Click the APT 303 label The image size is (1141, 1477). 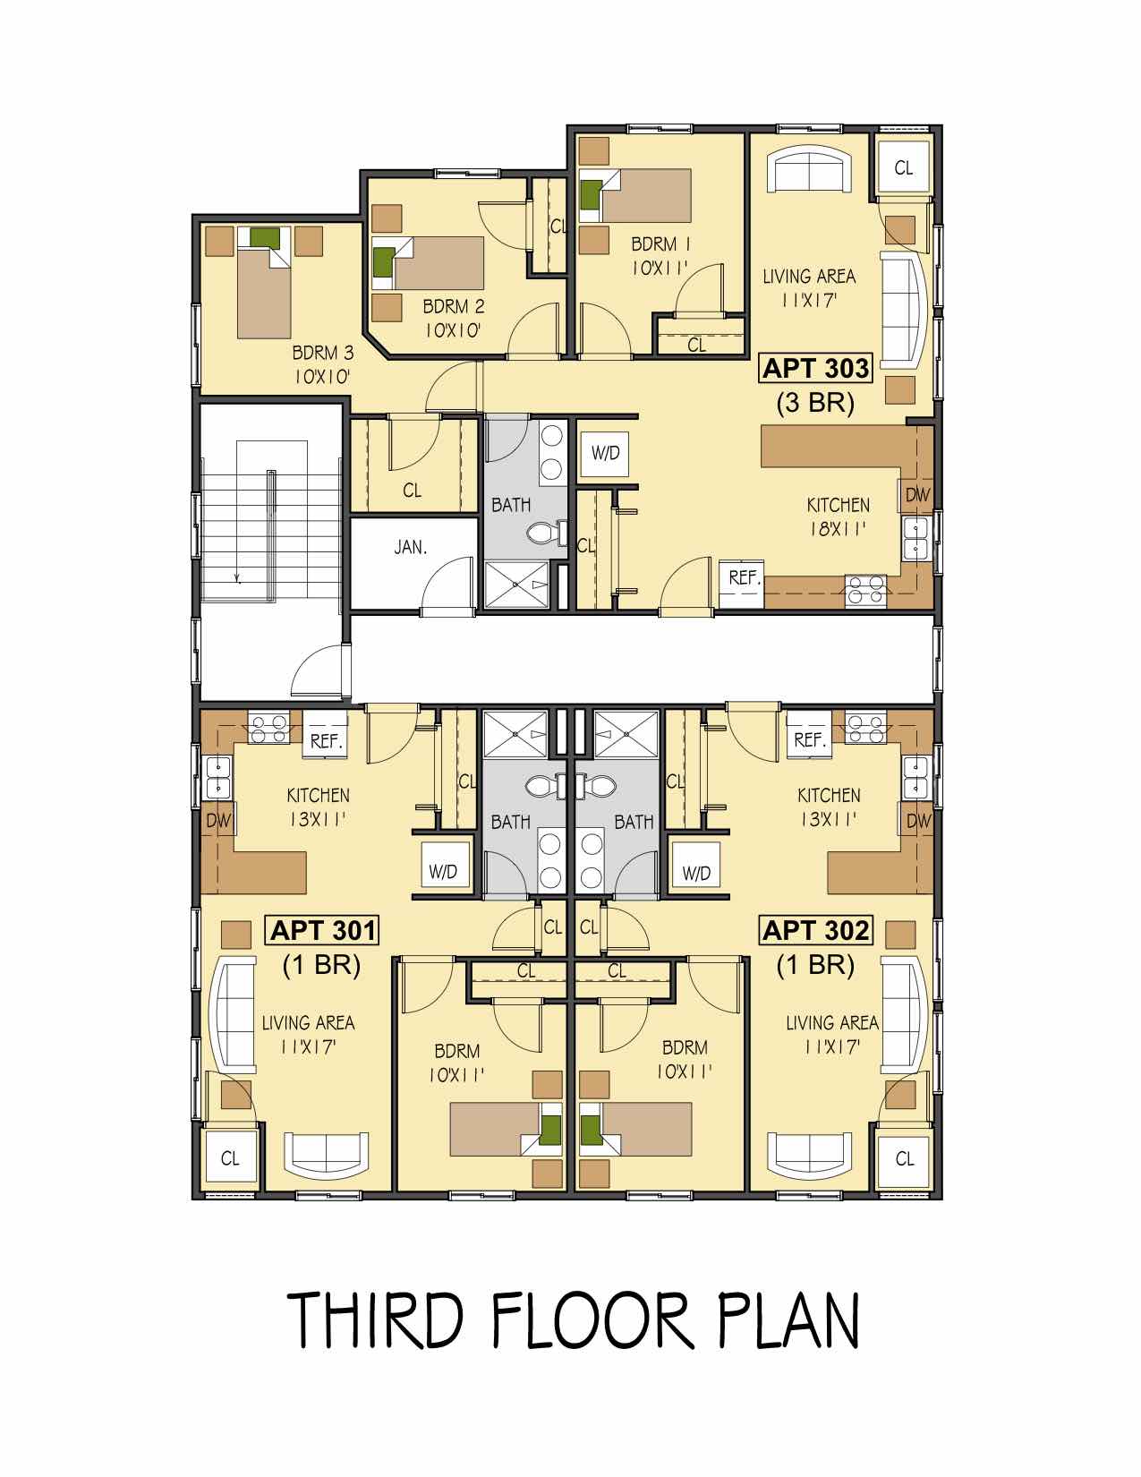815,369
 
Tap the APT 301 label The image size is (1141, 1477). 322,931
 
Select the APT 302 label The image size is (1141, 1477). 815,931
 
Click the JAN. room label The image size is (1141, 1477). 411,547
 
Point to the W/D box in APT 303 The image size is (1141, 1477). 605,453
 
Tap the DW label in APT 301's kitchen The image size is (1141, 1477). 218,821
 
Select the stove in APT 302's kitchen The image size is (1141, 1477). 865,728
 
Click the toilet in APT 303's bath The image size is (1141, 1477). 544,533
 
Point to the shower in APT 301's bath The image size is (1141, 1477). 515,734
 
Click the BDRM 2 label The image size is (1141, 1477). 454,306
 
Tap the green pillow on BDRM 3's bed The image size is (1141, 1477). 264,237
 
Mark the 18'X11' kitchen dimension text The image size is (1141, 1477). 838,529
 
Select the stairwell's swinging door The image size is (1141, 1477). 319,670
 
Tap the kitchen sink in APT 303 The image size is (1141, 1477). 916,539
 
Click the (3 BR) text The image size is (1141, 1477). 815,403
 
